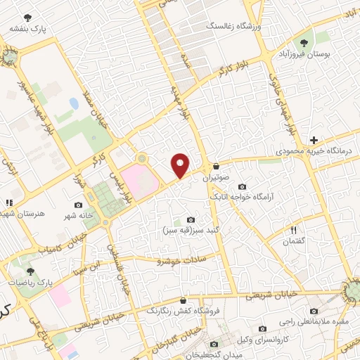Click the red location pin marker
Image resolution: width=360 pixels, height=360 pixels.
tap(181, 165)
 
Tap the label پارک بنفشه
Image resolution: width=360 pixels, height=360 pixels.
tap(27, 29)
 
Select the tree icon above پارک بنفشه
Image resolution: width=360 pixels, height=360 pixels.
tap(27, 18)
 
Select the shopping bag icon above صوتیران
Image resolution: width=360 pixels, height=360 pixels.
tap(216, 167)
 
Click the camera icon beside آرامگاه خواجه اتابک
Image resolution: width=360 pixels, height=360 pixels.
tap(243, 186)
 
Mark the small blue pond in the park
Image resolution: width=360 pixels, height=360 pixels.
tap(74, 103)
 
